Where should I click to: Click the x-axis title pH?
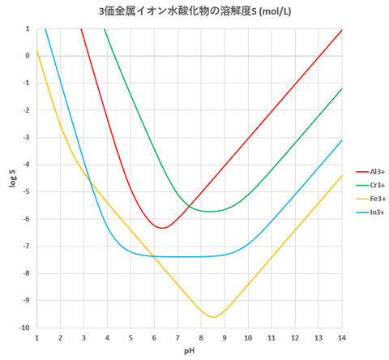click(190, 353)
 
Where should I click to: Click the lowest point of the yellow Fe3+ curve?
click(213, 317)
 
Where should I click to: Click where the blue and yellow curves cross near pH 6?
click(153, 256)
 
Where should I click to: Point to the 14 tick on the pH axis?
click(341, 337)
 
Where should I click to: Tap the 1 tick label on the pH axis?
click(36, 337)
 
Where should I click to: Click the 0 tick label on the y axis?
click(28, 56)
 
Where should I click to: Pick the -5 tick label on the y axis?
click(26, 192)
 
